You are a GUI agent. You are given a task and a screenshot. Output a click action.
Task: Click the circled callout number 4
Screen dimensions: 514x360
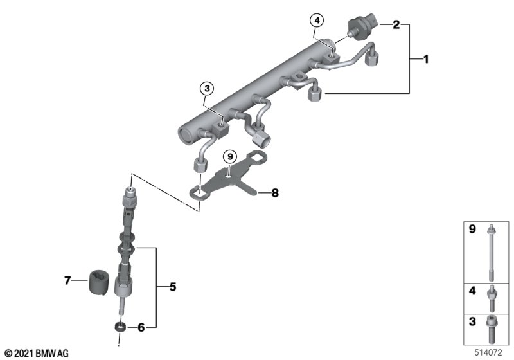point(317,21)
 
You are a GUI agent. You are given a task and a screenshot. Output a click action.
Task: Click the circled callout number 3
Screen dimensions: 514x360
point(207,89)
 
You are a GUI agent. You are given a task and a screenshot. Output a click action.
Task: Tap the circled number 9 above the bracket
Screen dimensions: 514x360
point(230,157)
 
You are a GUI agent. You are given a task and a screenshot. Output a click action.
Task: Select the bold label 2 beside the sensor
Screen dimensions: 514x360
point(396,24)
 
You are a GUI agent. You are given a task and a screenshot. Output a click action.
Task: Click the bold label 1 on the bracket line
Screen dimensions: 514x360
point(426,59)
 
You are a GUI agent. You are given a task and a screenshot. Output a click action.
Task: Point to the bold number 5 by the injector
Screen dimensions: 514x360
point(173,287)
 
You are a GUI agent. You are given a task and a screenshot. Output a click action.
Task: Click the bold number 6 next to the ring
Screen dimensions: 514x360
point(141,327)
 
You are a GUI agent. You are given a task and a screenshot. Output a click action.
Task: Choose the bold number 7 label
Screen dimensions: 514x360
point(67,280)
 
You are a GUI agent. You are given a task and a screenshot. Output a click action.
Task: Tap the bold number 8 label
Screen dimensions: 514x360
point(275,193)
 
